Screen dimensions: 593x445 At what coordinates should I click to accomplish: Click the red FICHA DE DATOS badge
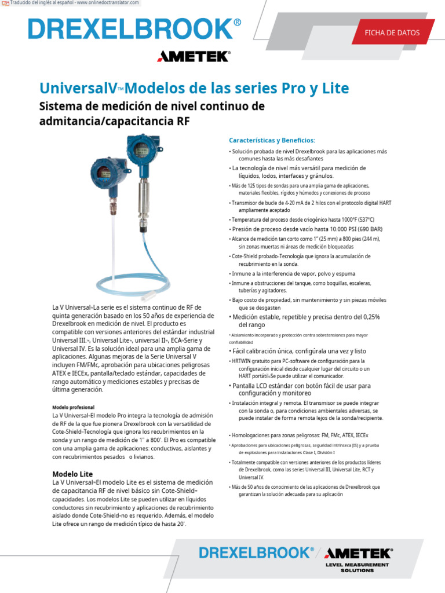392,33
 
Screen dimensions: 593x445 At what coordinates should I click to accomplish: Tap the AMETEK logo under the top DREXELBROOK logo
194,56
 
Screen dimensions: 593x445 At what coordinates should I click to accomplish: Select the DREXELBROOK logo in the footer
256,552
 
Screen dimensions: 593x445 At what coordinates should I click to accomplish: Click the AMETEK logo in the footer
358,553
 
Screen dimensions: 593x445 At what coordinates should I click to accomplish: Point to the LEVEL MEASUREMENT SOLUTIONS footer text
357,567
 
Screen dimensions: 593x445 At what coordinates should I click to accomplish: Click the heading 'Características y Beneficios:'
272,140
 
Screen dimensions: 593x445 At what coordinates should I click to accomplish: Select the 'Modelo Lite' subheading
72,474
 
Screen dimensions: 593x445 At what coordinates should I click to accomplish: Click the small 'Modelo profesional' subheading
73,407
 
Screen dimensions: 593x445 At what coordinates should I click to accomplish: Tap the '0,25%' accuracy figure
367,317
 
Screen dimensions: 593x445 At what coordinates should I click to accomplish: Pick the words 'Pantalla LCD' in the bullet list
251,386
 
